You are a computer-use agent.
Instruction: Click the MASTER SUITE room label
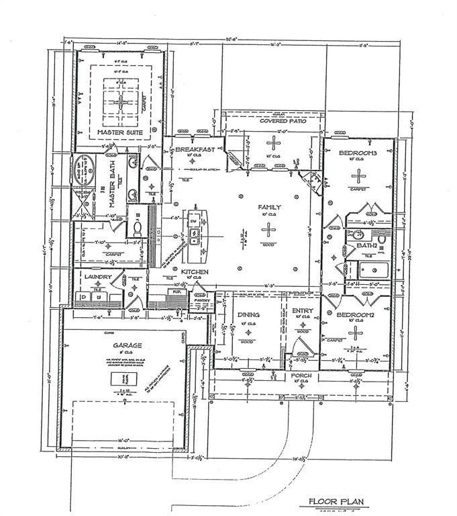pos(121,132)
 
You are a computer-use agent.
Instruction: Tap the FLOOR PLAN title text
pos(336,501)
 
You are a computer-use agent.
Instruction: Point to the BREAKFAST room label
pos(194,148)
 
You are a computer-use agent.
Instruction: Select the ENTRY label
pos(302,312)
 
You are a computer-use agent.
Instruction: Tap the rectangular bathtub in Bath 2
pos(372,271)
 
